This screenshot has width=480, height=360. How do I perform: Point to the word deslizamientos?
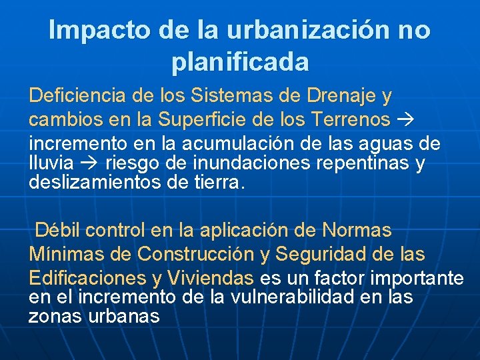coord(94,183)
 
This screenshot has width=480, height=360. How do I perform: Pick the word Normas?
coord(357,231)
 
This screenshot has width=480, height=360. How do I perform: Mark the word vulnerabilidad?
coord(286,297)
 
